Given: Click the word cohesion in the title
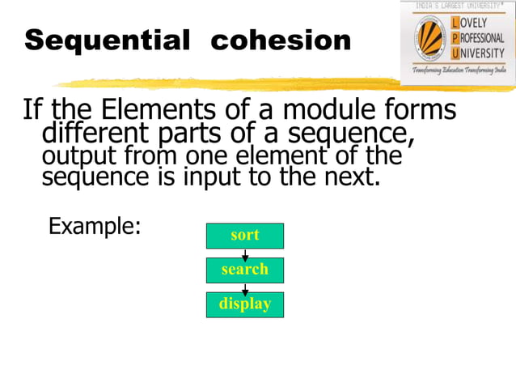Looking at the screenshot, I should click(x=281, y=40).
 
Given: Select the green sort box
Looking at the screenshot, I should click(x=245, y=236).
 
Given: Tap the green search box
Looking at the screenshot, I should click(x=245, y=270).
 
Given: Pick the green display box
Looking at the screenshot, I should click(x=245, y=304).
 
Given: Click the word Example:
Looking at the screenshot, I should click(x=95, y=226).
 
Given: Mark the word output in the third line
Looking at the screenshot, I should click(x=74, y=155).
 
